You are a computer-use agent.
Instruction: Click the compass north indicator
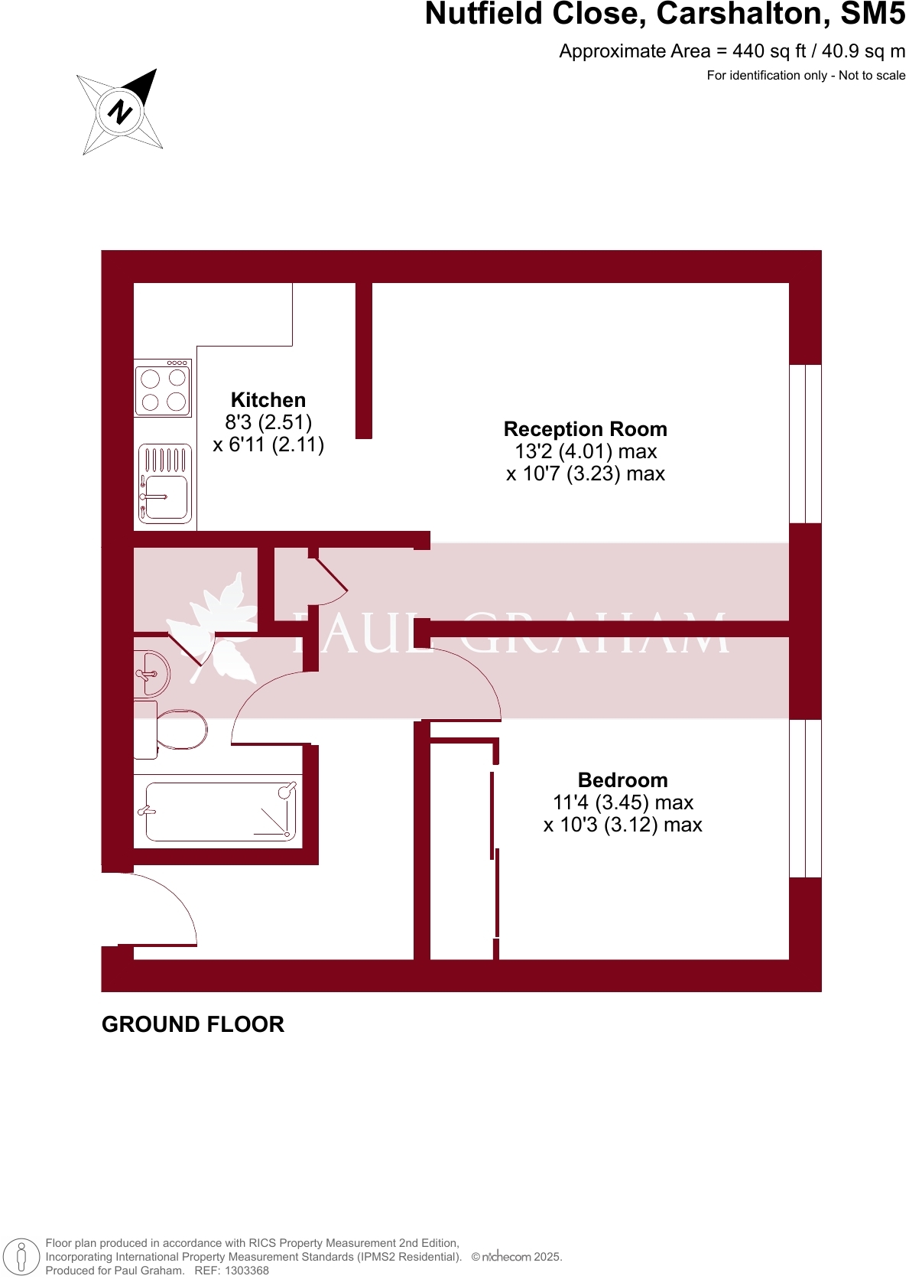(x=120, y=112)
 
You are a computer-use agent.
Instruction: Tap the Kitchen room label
(x=268, y=400)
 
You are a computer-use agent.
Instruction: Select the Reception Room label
(x=585, y=429)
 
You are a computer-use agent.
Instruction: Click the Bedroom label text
(x=622, y=780)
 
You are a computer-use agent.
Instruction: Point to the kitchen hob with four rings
(x=163, y=389)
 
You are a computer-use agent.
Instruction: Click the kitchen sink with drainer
(x=164, y=484)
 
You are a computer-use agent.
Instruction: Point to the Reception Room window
(x=805, y=444)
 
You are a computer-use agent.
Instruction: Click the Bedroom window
(x=805, y=798)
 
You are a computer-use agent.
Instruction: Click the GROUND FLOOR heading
(x=193, y=1024)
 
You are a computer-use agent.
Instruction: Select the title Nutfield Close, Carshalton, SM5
(x=664, y=14)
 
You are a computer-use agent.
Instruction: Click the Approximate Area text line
(x=732, y=51)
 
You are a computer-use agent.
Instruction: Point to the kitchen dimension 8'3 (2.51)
(x=268, y=422)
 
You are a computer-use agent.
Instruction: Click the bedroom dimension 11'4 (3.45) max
(x=622, y=802)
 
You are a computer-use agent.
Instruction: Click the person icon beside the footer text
(x=21, y=1257)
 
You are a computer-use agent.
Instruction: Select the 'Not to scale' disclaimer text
(x=872, y=75)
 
